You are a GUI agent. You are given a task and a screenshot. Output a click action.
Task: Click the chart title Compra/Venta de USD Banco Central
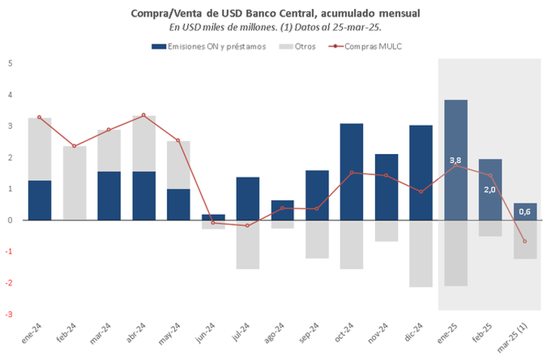pyautogui.click(x=275, y=14)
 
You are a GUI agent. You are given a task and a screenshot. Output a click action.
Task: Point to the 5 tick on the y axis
pyautogui.click(x=10, y=63)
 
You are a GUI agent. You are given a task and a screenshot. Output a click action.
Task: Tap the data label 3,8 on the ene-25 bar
pyautogui.click(x=455, y=161)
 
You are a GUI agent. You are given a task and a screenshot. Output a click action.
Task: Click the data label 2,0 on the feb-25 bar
pyautogui.click(x=490, y=189)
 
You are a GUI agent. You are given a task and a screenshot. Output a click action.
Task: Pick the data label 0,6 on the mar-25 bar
pyautogui.click(x=525, y=211)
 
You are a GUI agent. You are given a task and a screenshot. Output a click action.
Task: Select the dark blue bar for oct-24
pyautogui.click(x=351, y=171)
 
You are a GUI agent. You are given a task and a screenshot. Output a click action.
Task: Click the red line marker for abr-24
pyautogui.click(x=143, y=115)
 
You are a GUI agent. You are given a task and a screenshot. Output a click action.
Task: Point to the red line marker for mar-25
pyautogui.click(x=525, y=242)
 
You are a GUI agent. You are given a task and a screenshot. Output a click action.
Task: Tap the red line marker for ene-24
pyautogui.click(x=39, y=117)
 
